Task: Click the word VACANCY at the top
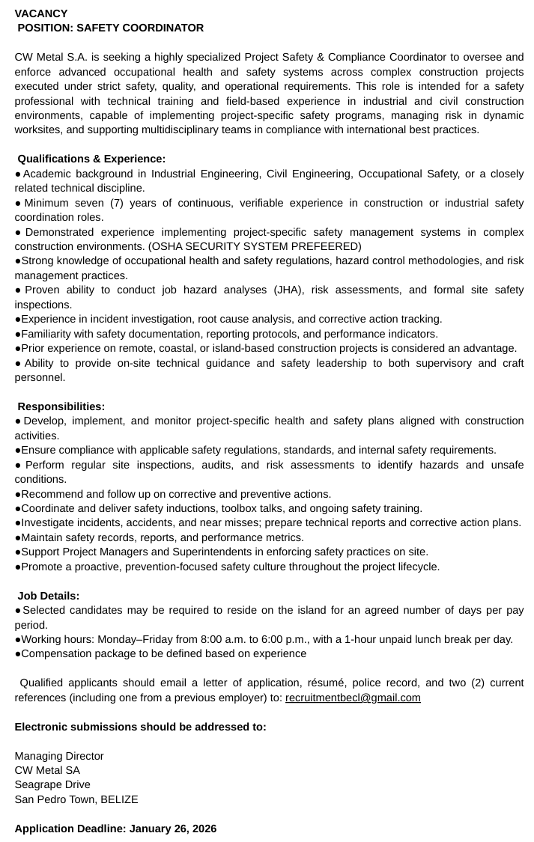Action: pos(40,13)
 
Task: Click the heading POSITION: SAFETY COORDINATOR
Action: pos(110,28)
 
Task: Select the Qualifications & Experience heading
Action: pos(91,159)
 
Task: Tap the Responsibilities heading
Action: pos(61,406)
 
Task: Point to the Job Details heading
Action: pos(48,596)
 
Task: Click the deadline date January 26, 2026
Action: pos(173,829)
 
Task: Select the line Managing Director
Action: pos(59,756)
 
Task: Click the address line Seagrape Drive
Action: pos(52,784)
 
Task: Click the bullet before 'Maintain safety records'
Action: pos(17,537)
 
